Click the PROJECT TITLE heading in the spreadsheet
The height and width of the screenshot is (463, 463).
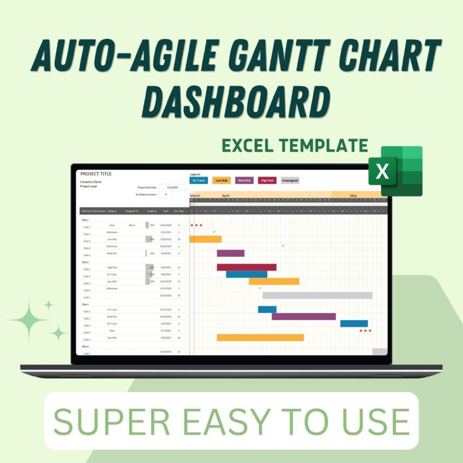click(96, 174)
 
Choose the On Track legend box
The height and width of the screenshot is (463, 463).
click(199, 180)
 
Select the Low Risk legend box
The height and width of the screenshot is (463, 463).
click(222, 180)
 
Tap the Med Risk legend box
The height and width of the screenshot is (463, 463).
click(244, 180)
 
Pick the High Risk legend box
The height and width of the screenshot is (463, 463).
click(267, 180)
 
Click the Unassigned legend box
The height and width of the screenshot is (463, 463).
click(290, 180)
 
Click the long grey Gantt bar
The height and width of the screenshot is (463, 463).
click(317, 295)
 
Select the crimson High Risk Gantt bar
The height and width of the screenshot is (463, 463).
click(247, 267)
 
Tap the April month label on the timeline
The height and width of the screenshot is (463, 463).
click(225, 195)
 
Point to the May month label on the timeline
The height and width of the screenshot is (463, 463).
click(353, 195)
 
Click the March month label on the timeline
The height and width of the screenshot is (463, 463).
click(195, 195)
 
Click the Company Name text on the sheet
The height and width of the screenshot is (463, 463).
click(90, 181)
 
